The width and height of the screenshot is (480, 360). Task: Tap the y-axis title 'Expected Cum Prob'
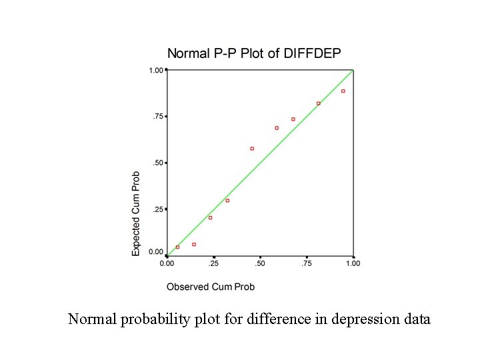[x=136, y=213]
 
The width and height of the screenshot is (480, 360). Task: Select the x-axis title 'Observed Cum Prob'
[x=210, y=287]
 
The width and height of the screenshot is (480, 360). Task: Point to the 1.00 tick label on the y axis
[x=155, y=70]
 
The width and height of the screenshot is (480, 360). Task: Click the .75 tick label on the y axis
[x=157, y=117]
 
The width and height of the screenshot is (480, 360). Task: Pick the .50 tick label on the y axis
[x=157, y=163]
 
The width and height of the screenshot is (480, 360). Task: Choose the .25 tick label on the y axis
[x=157, y=209]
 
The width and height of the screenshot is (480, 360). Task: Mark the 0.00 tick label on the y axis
[x=155, y=252]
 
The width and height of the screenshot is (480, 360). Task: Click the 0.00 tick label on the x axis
[x=167, y=263]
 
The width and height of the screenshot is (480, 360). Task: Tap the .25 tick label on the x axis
[x=213, y=263]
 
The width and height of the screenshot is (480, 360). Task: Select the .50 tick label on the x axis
[x=259, y=263]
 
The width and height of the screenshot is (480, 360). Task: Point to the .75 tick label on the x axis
[x=306, y=263]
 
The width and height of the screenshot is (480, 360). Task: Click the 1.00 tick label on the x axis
[x=353, y=263]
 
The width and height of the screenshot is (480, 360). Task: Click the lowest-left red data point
[x=177, y=247]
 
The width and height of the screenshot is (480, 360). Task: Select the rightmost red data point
[x=343, y=91]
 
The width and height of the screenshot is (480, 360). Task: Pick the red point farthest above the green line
[x=252, y=149]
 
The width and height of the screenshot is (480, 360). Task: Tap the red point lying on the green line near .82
[x=319, y=103]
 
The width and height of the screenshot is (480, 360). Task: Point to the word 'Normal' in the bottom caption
[x=93, y=319]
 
